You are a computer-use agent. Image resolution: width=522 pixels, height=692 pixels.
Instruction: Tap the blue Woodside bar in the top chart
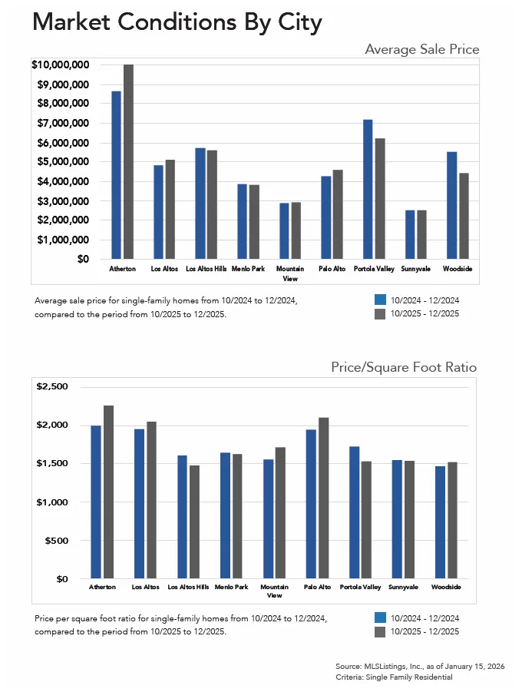pos(452,205)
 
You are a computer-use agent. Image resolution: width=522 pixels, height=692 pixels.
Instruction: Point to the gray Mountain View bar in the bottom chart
pos(280,512)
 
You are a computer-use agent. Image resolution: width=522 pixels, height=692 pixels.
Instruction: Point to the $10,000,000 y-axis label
pos(61,65)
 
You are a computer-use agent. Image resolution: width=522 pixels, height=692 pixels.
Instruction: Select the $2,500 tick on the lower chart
pos(53,386)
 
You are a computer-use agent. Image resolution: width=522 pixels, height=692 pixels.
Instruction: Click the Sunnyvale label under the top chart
pos(415,270)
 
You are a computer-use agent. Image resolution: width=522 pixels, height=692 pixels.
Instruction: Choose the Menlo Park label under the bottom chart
pos(231,587)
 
